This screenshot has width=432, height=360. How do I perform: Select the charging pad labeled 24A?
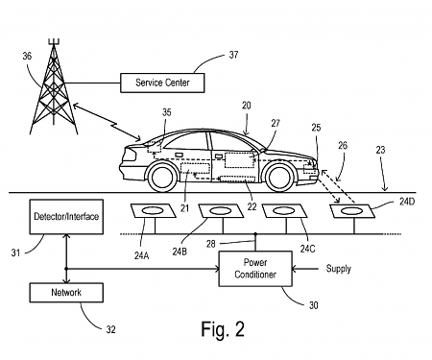pos(150,212)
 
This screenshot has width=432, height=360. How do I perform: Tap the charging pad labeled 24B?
pos(215,211)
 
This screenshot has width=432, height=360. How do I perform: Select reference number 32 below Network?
pos(109,329)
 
